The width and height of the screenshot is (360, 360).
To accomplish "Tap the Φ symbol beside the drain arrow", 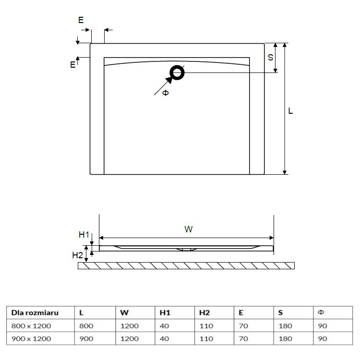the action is coord(165,93).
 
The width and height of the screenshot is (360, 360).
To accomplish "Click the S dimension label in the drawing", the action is coord(270,57).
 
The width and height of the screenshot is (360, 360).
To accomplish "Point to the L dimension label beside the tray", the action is coord(290,111).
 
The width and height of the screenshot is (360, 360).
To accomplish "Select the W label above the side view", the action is coord(189,229).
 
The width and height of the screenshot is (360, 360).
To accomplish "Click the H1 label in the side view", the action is coord(84,235).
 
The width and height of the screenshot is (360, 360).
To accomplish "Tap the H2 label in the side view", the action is coord(77,255).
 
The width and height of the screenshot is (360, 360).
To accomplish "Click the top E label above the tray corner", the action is coord(81,20).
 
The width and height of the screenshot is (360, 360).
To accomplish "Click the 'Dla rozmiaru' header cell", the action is coord(35,312).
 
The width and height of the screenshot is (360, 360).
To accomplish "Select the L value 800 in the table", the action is coord(86,326).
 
